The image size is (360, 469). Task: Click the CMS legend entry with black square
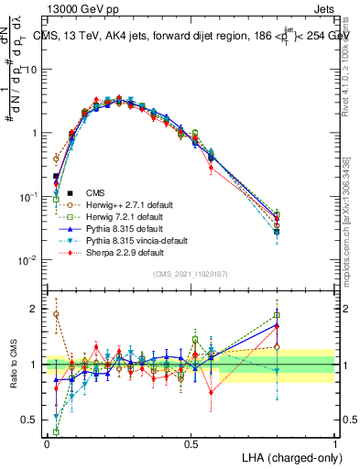pyautogui.click(x=95, y=192)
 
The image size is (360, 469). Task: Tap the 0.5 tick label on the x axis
pyautogui.click(x=191, y=442)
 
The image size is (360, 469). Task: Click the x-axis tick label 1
pyautogui.click(x=335, y=442)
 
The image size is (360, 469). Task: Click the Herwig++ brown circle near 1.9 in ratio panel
pyautogui.click(x=56, y=314)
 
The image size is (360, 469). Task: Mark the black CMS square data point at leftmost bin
pyautogui.click(x=56, y=176)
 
